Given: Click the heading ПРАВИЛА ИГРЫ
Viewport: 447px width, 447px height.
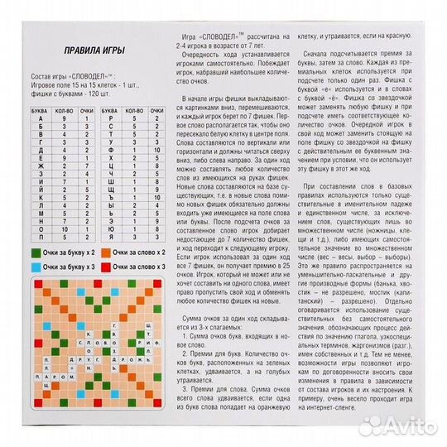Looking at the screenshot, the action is pyautogui.click(x=71, y=47).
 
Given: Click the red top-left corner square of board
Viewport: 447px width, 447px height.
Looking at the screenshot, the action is pyautogui.click(x=24, y=286).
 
